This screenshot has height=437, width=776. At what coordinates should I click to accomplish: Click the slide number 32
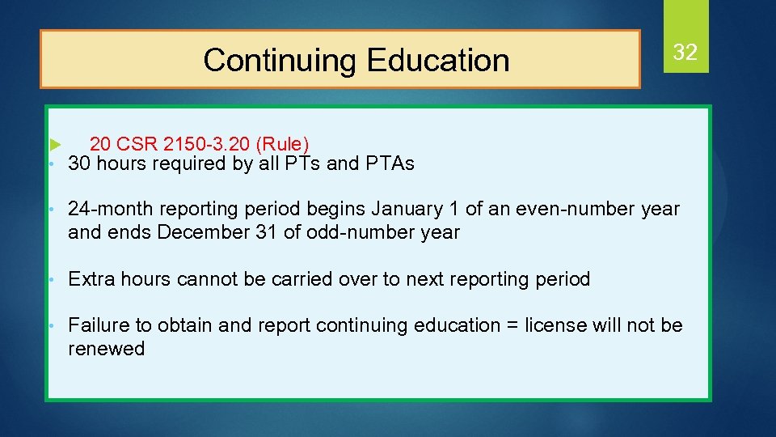(685, 53)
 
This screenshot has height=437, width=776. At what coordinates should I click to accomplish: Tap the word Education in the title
(437, 61)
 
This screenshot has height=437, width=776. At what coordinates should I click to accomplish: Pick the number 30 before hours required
(79, 164)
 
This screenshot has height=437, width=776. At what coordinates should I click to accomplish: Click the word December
(200, 233)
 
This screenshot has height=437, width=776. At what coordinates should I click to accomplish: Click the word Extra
(91, 280)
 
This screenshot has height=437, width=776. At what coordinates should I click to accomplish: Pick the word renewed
(107, 350)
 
